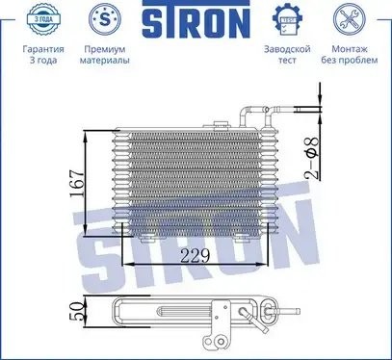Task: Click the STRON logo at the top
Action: tap(195, 20)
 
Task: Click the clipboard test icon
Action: tap(285, 19)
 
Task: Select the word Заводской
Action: tap(285, 48)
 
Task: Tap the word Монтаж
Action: tap(350, 48)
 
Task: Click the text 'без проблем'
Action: tap(350, 61)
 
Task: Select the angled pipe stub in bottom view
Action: tap(251, 318)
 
